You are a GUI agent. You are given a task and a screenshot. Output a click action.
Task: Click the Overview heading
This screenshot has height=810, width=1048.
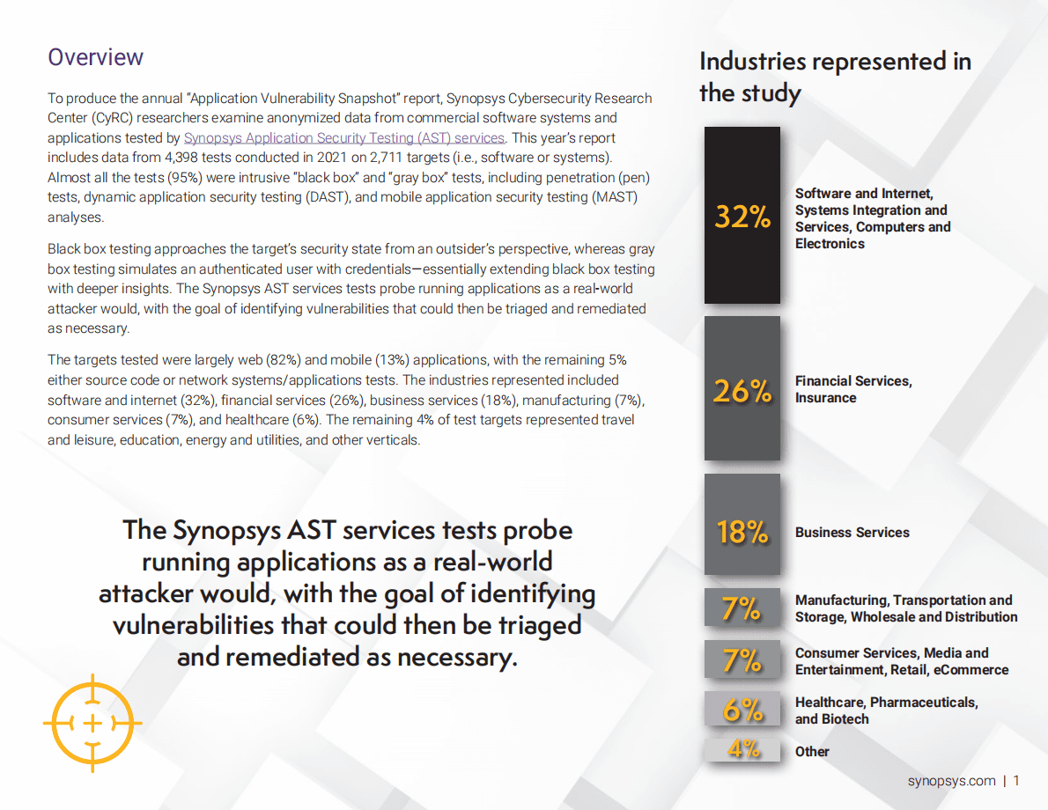pyautogui.click(x=95, y=57)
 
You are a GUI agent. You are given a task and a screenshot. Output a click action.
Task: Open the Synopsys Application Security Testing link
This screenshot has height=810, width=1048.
pyautogui.click(x=343, y=138)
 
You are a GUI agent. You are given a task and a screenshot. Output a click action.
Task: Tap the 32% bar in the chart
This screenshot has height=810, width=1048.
pyautogui.click(x=742, y=216)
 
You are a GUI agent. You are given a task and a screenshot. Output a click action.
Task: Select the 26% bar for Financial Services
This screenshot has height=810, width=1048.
pyautogui.click(x=742, y=389)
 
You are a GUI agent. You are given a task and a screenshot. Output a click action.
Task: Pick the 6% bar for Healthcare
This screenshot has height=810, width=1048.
pyautogui.click(x=742, y=709)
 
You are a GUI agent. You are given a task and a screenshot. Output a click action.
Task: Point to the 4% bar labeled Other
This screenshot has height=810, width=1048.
pyautogui.click(x=742, y=749)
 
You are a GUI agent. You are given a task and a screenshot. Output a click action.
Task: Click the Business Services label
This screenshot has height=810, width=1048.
pyautogui.click(x=852, y=533)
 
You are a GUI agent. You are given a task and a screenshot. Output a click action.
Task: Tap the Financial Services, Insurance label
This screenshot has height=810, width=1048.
pyautogui.click(x=852, y=389)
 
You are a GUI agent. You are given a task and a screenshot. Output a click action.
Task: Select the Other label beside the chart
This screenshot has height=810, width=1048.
pyautogui.click(x=812, y=752)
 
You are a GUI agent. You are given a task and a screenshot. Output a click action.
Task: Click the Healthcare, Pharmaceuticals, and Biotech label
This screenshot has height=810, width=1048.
pyautogui.click(x=885, y=711)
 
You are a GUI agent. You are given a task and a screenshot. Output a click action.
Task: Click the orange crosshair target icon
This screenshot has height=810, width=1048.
pyautogui.click(x=92, y=723)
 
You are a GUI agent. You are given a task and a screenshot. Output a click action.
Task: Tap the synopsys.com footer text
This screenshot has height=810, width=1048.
pyautogui.click(x=951, y=781)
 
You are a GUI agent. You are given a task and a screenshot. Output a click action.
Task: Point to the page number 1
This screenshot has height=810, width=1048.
pyautogui.click(x=1016, y=781)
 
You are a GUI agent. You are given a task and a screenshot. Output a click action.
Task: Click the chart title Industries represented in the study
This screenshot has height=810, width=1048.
pyautogui.click(x=834, y=77)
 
